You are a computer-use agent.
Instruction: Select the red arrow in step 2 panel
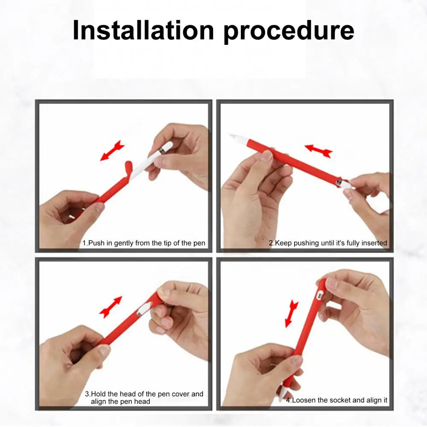[x=319, y=151]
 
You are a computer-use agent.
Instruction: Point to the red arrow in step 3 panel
[x=111, y=307]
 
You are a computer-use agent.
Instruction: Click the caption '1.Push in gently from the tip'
[x=144, y=243]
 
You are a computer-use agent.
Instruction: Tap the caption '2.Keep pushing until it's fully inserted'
[x=328, y=243]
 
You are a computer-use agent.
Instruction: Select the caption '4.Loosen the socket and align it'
[x=336, y=400]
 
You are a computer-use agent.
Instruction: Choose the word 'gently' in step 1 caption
[x=124, y=243]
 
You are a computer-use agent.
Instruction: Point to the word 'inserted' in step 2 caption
[x=373, y=243]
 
